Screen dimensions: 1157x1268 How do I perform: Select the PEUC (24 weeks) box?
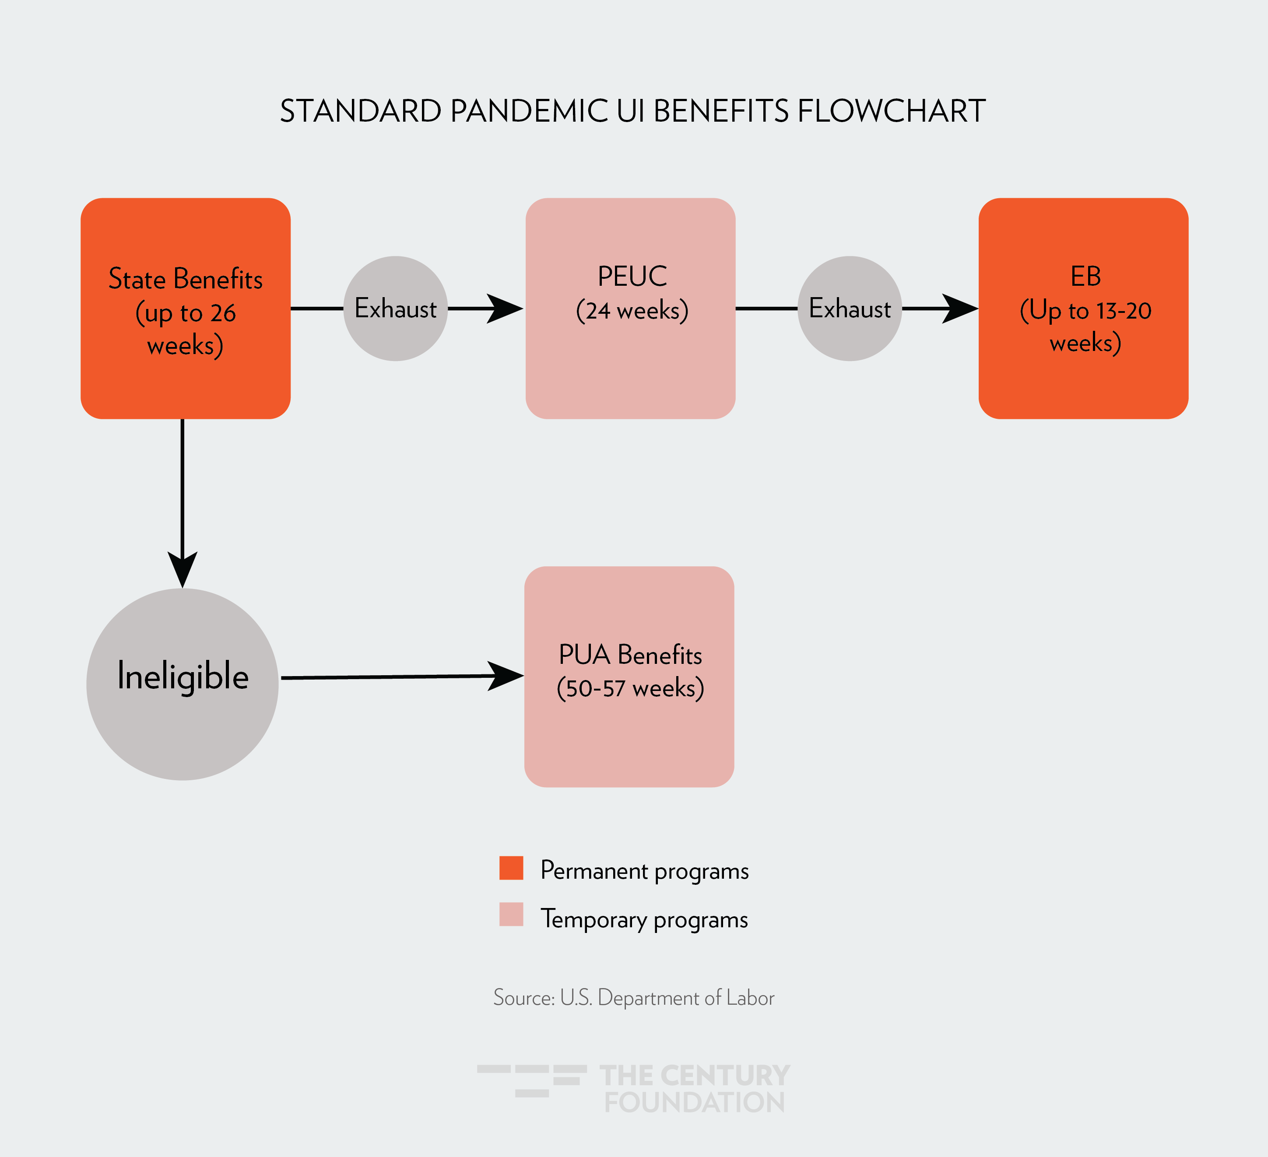click(630, 308)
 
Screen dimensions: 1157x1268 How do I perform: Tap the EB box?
click(1083, 308)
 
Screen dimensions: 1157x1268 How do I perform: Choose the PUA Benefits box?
click(629, 677)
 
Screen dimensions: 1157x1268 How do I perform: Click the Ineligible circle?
click(183, 684)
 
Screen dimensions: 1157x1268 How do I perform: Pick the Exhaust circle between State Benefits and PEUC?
click(396, 308)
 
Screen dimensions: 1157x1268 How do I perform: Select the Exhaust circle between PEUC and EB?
click(850, 308)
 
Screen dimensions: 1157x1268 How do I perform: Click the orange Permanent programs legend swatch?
click(511, 868)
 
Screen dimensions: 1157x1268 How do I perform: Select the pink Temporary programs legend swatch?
click(511, 914)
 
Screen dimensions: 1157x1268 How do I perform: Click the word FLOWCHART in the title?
click(891, 111)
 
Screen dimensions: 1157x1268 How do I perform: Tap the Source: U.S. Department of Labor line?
click(633, 998)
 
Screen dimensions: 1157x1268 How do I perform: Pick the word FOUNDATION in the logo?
click(694, 1102)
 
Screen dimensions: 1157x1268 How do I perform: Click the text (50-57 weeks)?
click(630, 688)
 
